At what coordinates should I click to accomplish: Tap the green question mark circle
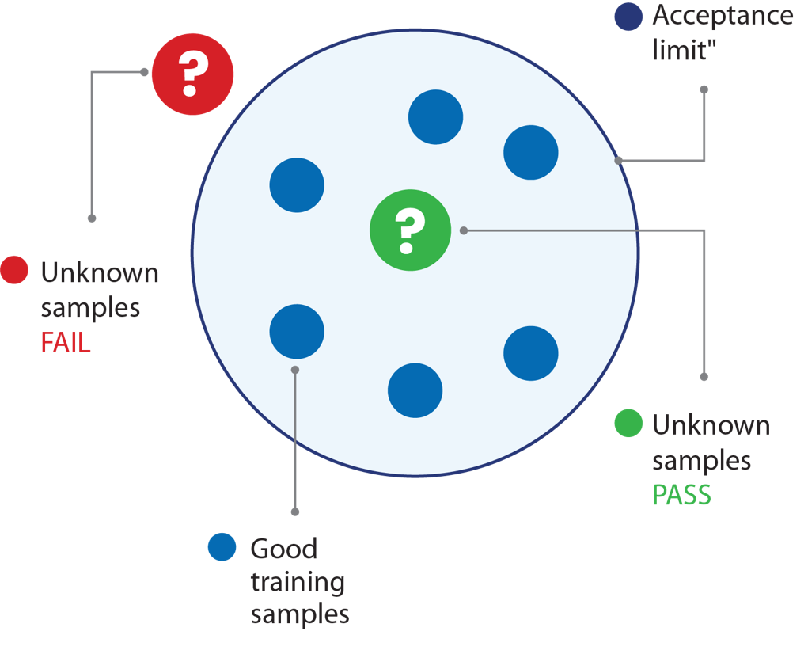410,230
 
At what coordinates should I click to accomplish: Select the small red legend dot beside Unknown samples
14,270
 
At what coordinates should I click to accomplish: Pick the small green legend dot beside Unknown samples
628,423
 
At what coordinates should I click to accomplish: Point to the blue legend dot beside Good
222,547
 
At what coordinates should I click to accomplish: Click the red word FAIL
66,344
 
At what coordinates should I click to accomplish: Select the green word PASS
681,496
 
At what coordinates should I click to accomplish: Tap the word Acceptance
722,16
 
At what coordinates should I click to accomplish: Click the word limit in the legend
677,51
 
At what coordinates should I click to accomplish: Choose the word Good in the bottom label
283,548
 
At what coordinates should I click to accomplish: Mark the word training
298,583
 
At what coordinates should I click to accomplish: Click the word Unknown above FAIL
100,273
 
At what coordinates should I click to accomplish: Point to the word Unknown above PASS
711,425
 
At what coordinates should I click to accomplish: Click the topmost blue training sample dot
435,117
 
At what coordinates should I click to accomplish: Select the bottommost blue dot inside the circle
415,390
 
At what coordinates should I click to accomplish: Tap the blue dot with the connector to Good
297,332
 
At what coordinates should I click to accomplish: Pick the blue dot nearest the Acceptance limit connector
531,152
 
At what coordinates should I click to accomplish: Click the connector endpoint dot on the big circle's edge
618,161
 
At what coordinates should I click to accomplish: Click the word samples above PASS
701,461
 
